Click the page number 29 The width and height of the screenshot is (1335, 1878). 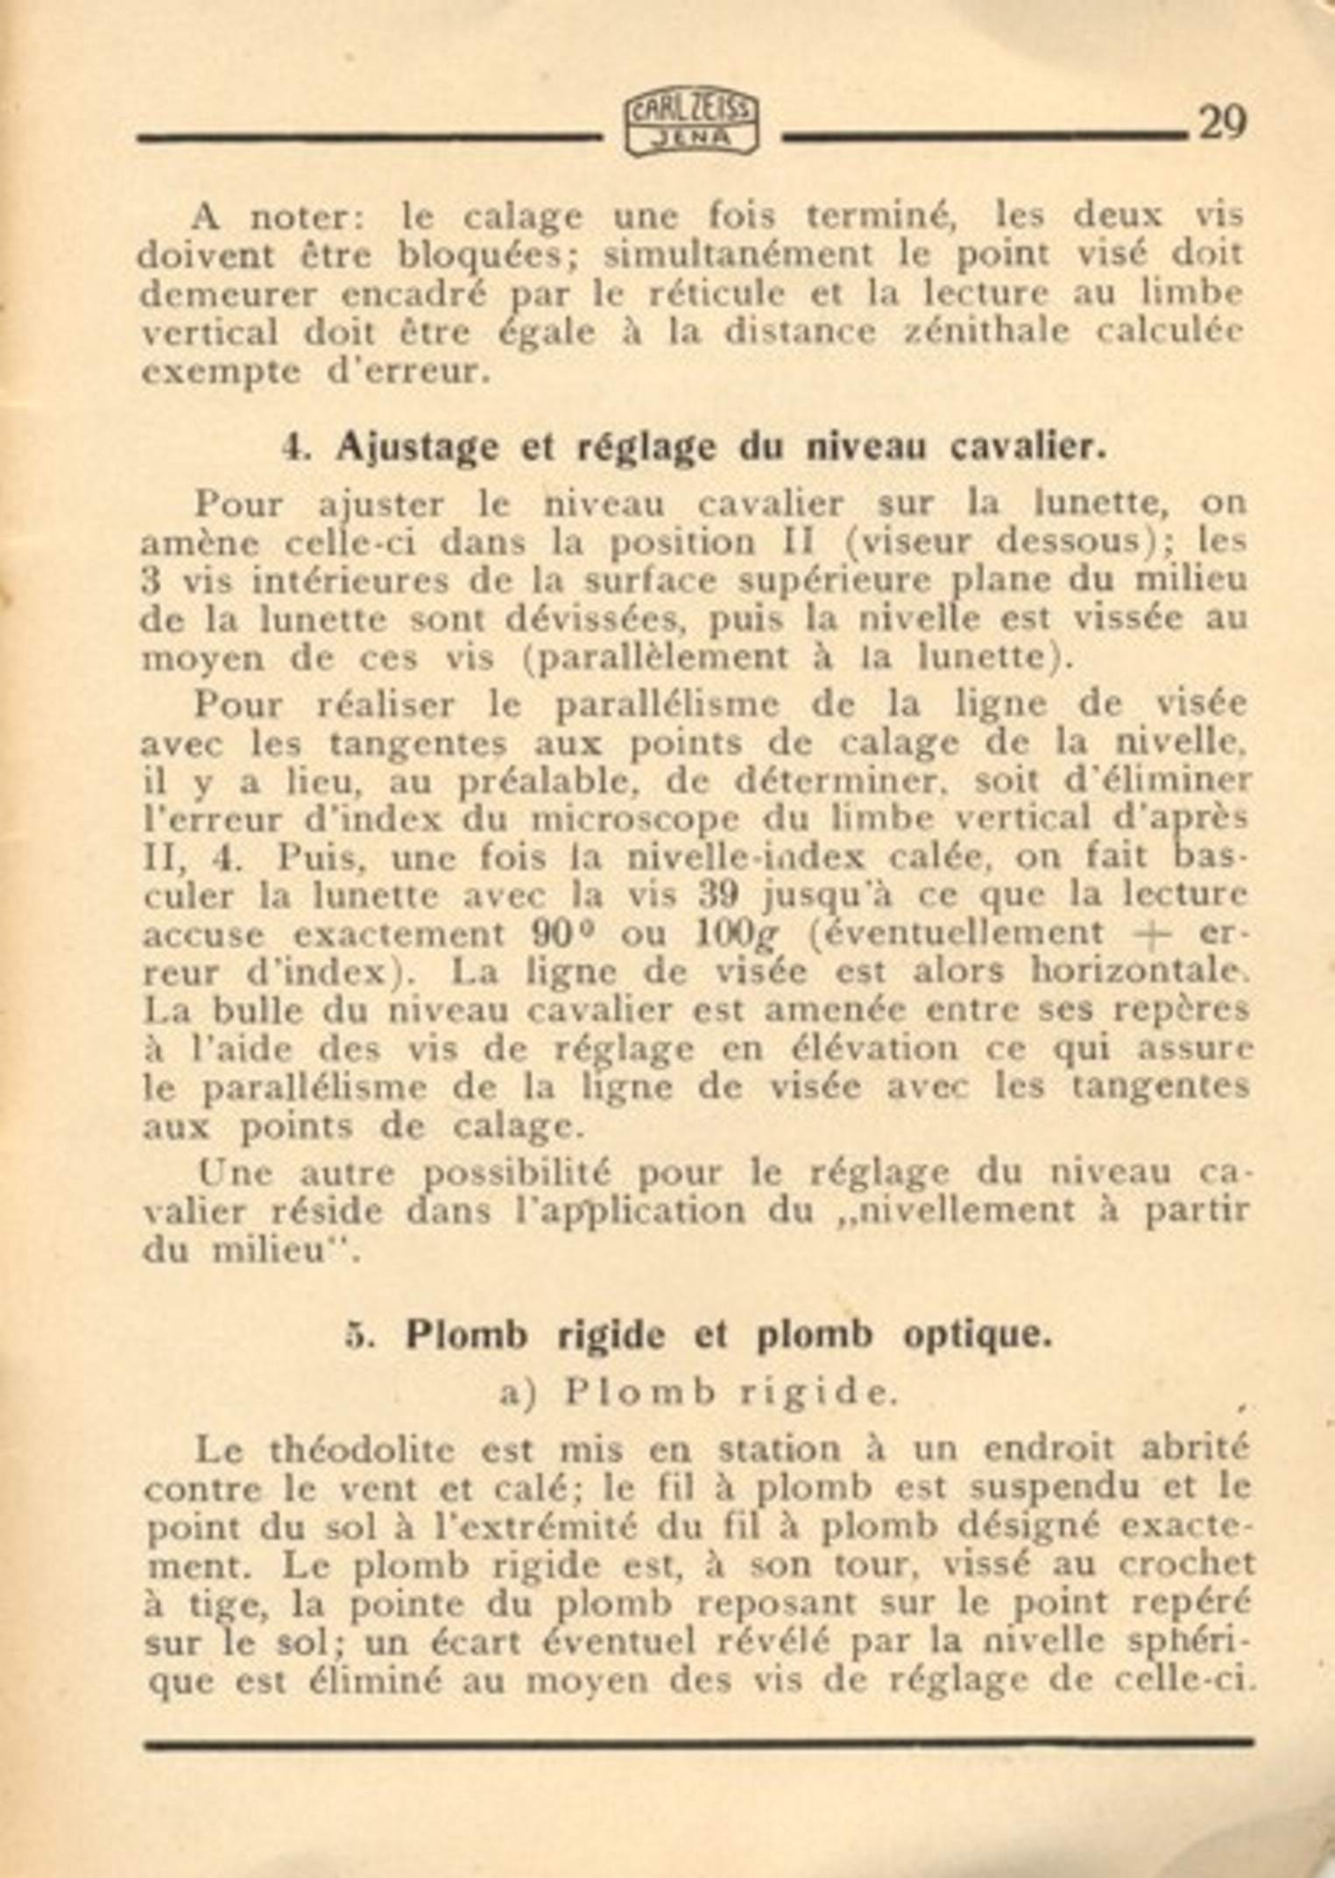[x=1221, y=123]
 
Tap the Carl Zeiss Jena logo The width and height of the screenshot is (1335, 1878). [x=691, y=125]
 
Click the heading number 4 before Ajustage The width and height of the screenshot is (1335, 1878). [x=293, y=448]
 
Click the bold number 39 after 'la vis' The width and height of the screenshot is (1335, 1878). [x=717, y=895]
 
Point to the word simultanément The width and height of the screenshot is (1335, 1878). [x=738, y=254]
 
